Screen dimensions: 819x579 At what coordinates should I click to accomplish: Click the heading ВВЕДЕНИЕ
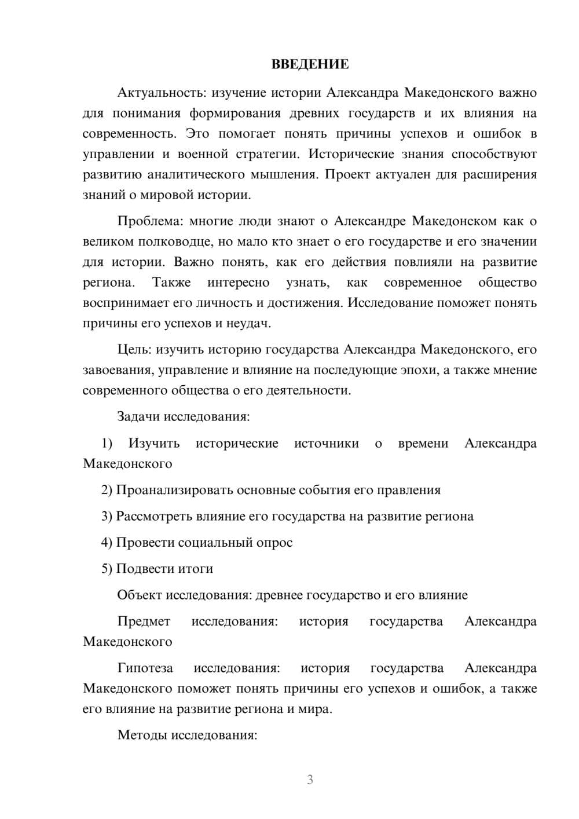coord(310,64)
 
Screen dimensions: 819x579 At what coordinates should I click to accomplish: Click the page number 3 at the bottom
coord(310,780)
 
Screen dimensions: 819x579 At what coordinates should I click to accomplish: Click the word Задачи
coord(139,417)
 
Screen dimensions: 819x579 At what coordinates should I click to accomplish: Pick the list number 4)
coord(107,543)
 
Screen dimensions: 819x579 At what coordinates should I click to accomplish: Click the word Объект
coord(140,595)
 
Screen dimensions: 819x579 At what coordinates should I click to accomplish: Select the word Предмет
coord(144,621)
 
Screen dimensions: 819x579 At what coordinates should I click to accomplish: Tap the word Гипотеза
coord(145,668)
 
